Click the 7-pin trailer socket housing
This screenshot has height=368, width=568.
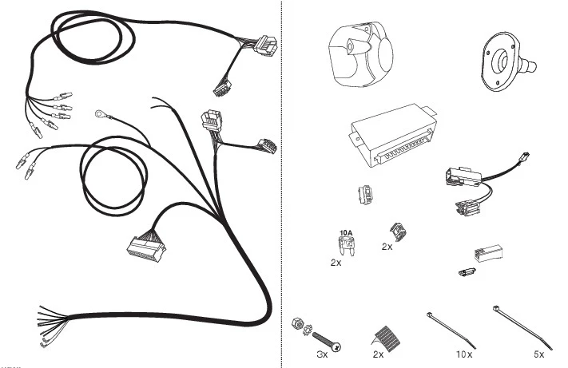360,54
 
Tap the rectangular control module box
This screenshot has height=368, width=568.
393,136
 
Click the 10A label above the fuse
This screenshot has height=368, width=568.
346,232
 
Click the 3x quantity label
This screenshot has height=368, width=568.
322,354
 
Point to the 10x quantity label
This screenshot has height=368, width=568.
464,354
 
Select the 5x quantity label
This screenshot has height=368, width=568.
539,354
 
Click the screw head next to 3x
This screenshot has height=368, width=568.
337,347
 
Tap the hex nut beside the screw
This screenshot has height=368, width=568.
296,322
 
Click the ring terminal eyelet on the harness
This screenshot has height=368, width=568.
99,114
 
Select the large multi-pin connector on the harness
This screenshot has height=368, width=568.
145,247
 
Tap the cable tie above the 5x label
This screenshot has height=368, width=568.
522,327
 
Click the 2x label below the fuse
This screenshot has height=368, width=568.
336,263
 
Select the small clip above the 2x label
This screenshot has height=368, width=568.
398,232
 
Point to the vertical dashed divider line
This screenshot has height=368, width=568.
281,184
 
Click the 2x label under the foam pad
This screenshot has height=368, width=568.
378,354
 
